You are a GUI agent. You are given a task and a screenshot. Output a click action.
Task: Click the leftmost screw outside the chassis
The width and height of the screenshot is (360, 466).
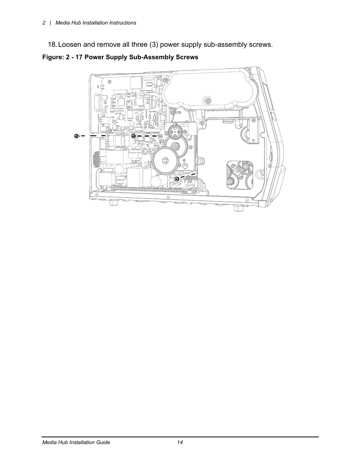pos(76,136)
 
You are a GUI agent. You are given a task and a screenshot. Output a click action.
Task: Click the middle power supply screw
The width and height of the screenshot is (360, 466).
pos(133,136)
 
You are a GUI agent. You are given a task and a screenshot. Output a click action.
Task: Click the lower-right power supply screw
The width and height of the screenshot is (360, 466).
pos(177,179)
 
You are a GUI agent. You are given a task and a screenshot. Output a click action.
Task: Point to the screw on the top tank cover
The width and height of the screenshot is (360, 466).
pos(207,101)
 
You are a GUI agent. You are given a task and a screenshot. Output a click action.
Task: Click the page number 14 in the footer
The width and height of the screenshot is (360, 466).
pos(180,442)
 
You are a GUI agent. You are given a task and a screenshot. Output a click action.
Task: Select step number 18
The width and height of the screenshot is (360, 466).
pos(52,45)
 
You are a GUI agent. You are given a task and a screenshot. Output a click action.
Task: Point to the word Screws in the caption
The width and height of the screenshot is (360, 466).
pos(186,57)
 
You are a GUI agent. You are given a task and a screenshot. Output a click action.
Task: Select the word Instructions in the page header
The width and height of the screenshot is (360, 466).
pos(122,23)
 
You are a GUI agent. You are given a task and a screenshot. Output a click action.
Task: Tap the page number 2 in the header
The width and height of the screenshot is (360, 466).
pos(44,23)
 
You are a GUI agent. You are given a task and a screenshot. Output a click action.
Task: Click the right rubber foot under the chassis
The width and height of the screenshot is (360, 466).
pos(238,208)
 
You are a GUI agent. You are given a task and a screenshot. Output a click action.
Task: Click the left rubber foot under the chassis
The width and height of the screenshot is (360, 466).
pos(112,204)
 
